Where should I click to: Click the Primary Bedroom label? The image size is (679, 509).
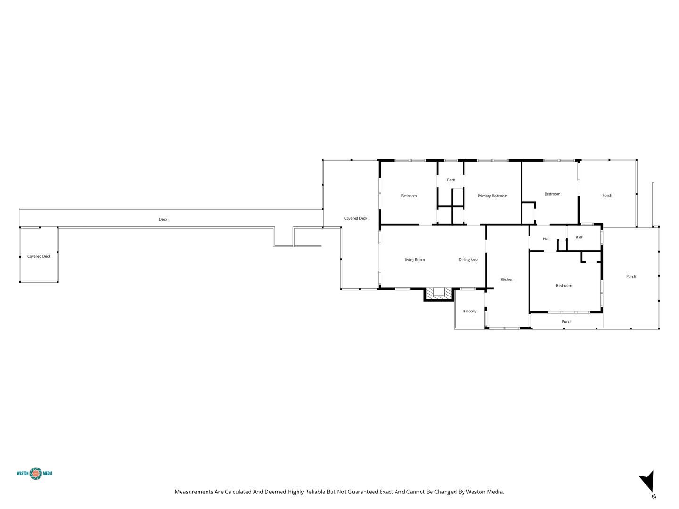point(492,196)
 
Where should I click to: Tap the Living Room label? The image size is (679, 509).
point(414,260)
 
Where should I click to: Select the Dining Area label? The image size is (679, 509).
point(468,260)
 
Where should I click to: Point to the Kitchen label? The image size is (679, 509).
point(507,279)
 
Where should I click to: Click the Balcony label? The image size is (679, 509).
point(469,311)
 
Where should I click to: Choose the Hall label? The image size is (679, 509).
point(546,238)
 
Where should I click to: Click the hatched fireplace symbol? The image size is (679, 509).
point(439,294)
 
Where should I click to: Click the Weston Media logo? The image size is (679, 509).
point(34,474)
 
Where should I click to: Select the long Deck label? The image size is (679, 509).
point(163,219)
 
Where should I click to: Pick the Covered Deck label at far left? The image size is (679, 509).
point(39,256)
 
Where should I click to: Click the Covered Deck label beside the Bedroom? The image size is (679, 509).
point(356,218)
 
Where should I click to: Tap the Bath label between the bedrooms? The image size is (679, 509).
point(451,180)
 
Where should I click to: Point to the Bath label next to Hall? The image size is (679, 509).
point(580,238)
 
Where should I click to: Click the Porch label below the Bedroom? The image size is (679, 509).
point(567,322)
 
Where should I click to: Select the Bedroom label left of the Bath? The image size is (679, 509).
point(409,196)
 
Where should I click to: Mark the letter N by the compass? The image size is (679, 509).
point(654,496)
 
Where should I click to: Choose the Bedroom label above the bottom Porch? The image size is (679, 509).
point(564,285)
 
